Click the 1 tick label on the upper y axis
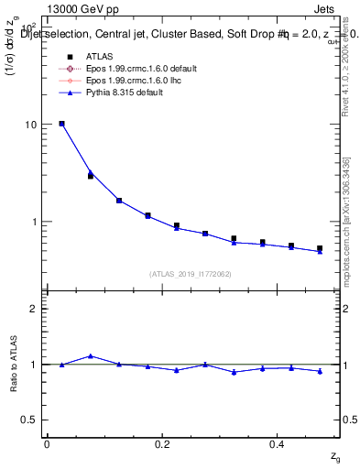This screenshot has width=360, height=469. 35,222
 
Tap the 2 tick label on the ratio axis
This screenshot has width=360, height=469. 34,309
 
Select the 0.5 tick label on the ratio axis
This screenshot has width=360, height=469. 30,420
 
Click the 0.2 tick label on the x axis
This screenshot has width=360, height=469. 162,444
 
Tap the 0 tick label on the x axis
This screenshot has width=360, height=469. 47,444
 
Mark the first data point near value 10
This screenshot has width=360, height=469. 61,124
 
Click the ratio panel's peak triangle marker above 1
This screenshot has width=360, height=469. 90,356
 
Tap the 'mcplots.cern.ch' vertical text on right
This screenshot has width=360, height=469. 346,247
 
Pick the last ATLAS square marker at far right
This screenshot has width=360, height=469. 320,248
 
